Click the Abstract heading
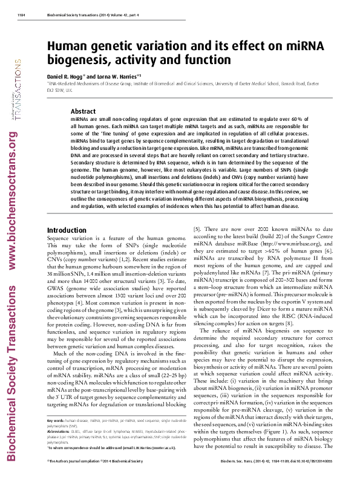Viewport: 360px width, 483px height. click(83, 111)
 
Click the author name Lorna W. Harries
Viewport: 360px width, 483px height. click(118, 77)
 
